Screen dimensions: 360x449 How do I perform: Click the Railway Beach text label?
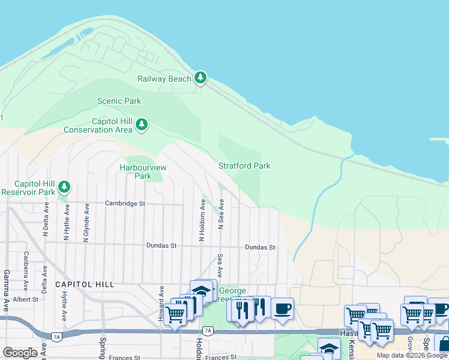pos(164,79)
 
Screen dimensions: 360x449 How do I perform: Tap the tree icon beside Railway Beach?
pos(200,78)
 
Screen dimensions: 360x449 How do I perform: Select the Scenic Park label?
pos(119,101)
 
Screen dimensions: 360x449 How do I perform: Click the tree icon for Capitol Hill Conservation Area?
pos(141,125)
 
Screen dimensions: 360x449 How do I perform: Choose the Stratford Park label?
pos(244,166)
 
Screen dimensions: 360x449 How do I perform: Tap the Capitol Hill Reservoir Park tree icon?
pos(64,187)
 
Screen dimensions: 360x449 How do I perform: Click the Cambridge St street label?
pos(125,204)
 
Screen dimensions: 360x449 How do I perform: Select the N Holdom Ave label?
pos(202,220)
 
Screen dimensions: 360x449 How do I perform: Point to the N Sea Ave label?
pos(221,215)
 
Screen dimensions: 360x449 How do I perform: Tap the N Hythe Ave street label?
pos(67,221)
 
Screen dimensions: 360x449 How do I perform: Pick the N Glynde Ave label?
pos(86,221)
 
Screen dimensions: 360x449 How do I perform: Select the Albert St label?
pos(26,299)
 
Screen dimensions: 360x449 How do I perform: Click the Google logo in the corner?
pos(20,353)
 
